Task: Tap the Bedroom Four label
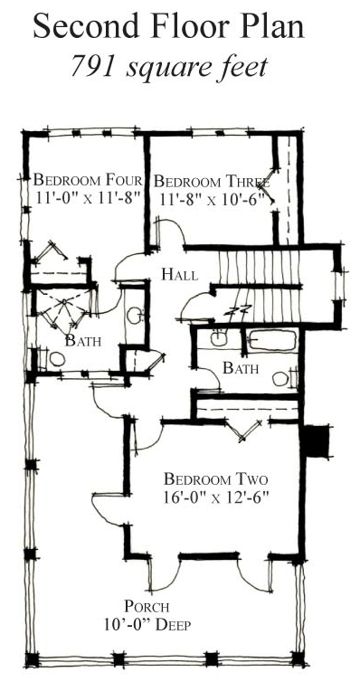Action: (87, 178)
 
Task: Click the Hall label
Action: (179, 273)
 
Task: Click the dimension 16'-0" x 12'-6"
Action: (216, 497)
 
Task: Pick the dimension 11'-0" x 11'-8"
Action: (87, 198)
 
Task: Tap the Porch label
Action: (147, 607)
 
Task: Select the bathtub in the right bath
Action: (273, 342)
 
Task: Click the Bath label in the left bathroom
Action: (82, 341)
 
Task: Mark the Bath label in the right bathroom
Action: (241, 368)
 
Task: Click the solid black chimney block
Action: (314, 441)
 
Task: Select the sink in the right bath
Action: (220, 339)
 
